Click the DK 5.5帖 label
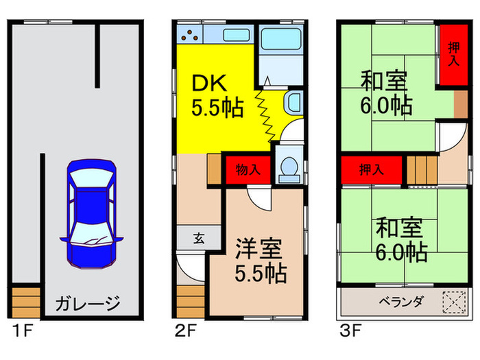coord(216,96)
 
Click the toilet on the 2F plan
coord(288,167)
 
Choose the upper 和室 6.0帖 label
coord(385,94)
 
